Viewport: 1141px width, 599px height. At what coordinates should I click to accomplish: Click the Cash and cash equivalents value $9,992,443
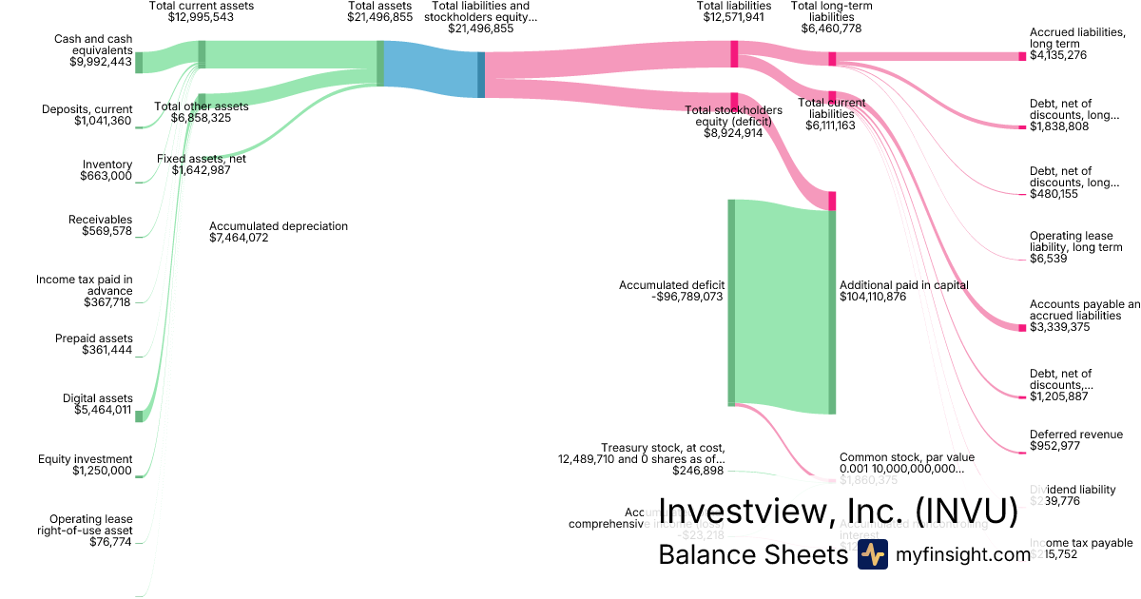[x=101, y=62]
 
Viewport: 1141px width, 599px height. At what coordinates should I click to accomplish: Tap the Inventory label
[x=107, y=164]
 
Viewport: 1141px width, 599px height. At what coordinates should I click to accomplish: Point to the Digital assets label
[x=98, y=398]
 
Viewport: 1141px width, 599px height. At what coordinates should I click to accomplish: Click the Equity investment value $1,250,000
[x=103, y=471]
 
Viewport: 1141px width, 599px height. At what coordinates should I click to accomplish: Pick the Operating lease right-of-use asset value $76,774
[x=107, y=542]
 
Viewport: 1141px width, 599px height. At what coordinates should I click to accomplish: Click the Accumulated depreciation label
[x=279, y=226]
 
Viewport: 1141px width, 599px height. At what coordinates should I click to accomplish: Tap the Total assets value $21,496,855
[x=379, y=17]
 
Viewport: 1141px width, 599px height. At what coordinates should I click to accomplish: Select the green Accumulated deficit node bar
[x=732, y=302]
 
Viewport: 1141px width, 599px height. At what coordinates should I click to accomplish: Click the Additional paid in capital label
[x=903, y=284]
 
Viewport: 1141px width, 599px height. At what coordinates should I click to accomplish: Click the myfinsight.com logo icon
[x=872, y=554]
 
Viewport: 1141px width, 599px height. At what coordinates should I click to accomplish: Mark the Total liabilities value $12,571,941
[x=734, y=17]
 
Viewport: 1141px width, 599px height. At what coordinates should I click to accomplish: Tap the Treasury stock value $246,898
[x=698, y=471]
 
